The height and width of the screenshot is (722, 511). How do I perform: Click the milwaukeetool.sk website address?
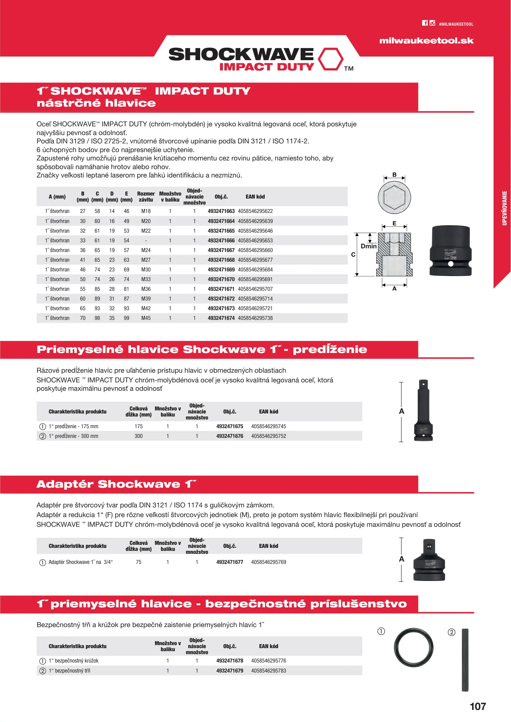(426, 41)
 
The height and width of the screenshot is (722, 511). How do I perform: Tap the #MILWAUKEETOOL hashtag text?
(456, 24)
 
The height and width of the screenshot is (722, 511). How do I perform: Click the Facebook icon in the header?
(425, 23)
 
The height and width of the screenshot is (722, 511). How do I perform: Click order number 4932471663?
(221, 211)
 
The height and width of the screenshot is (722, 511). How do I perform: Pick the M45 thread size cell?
(146, 318)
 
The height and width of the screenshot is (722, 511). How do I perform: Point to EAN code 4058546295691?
(255, 279)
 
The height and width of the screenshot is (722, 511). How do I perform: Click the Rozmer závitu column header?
(146, 197)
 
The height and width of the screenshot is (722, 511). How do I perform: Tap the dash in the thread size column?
(146, 241)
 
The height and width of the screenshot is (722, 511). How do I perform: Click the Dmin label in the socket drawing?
(368, 246)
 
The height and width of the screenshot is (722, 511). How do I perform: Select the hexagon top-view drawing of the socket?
(394, 197)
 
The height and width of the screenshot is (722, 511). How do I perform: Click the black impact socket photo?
(451, 251)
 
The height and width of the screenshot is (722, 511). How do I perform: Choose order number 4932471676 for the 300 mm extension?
(230, 436)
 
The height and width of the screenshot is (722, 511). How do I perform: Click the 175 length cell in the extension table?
(138, 427)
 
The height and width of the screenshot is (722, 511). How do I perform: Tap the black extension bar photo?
(423, 410)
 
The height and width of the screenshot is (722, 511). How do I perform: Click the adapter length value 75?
(138, 562)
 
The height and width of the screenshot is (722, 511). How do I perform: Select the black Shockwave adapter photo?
(429, 560)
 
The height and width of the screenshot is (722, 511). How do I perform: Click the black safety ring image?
(413, 647)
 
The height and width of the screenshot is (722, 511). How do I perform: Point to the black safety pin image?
(465, 660)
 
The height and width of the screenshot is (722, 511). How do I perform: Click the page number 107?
(478, 706)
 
